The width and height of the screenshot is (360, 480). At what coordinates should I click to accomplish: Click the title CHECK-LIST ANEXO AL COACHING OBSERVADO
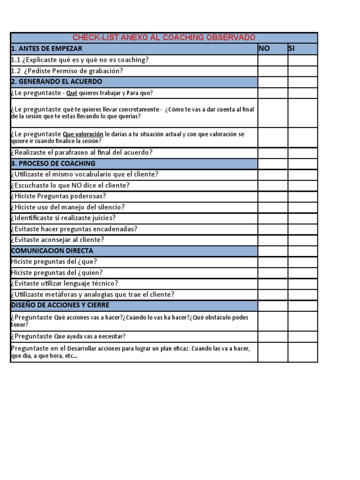coord(164,37)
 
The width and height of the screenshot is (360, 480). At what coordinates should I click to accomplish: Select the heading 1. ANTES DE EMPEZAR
coord(46,49)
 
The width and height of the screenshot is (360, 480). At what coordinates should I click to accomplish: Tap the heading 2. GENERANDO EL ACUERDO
coord(56,82)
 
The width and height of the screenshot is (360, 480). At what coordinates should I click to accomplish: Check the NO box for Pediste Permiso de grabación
coord(272,71)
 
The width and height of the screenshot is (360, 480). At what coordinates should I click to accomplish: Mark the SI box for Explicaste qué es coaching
coord(302,60)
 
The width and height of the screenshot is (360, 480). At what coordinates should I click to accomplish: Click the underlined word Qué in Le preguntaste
coord(72,93)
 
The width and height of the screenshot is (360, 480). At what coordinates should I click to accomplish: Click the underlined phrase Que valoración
coord(83,134)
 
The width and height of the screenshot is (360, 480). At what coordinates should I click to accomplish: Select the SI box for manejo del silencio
coord(302,207)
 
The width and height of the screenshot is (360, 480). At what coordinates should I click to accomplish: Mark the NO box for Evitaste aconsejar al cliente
coord(272,240)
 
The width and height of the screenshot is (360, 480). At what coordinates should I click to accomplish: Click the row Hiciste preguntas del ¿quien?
coord(57,273)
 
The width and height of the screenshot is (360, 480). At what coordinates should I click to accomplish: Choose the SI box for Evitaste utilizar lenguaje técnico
coord(302,284)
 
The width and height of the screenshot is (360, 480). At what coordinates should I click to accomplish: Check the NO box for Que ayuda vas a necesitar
coord(272,337)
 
